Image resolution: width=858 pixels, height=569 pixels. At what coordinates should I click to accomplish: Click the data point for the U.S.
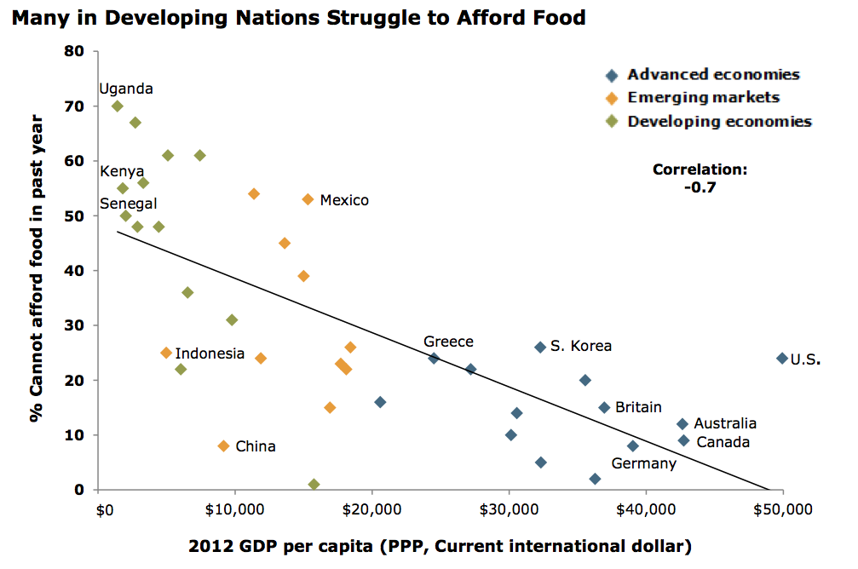(x=782, y=359)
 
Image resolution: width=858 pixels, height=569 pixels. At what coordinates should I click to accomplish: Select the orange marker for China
(x=224, y=446)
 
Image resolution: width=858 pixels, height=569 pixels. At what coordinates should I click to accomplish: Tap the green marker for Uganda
(x=118, y=106)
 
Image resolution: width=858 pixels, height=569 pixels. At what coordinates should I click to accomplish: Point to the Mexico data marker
(x=308, y=199)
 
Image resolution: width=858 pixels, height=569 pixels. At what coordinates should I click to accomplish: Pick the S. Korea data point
(x=540, y=348)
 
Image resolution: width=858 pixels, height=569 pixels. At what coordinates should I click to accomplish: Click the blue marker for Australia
(x=682, y=424)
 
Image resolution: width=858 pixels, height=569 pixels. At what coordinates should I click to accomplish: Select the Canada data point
(x=683, y=440)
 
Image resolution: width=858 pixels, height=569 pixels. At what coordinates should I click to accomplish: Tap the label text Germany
(x=643, y=463)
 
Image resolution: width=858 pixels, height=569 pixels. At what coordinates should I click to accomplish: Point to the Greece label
(x=448, y=342)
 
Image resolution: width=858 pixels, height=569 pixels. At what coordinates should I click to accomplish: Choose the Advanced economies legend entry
(x=713, y=75)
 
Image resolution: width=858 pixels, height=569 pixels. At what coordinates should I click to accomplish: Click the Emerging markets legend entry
(x=703, y=98)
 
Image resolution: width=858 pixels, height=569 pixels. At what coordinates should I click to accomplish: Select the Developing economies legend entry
(x=719, y=122)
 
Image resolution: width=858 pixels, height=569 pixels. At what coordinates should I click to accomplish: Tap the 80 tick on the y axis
(x=75, y=52)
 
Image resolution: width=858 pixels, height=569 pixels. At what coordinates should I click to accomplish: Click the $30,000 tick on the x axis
(x=510, y=510)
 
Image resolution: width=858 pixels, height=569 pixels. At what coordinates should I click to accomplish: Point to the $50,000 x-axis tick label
(x=782, y=510)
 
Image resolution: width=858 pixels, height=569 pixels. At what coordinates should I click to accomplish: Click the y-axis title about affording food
(x=37, y=271)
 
